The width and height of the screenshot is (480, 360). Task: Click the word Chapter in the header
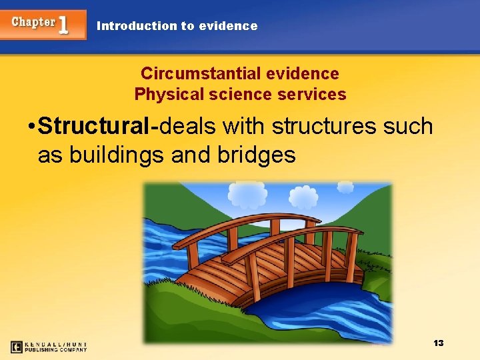tap(33, 22)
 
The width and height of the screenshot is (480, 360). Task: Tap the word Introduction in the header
tap(137, 26)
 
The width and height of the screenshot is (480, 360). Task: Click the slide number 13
tap(438, 343)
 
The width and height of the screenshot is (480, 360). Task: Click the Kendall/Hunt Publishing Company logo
tap(49, 347)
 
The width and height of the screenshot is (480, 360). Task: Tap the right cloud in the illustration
tap(303, 197)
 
